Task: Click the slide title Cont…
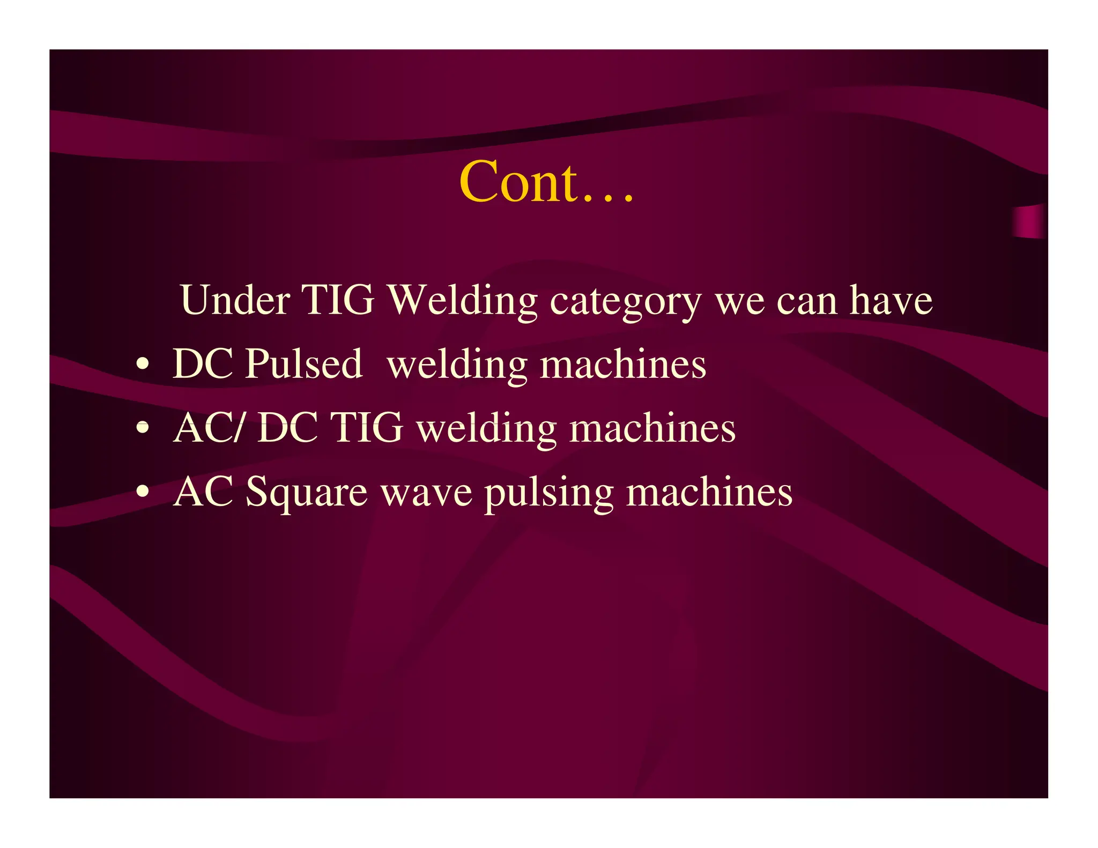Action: coord(547,182)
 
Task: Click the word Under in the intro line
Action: coord(235,300)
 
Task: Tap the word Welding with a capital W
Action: coord(462,300)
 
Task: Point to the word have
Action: coord(891,300)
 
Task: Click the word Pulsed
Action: coord(303,365)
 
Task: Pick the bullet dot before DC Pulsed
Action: coord(142,365)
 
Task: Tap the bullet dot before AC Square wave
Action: coord(142,492)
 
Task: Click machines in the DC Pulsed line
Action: coord(623,365)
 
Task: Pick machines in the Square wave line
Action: coord(709,492)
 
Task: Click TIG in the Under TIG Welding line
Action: coord(339,300)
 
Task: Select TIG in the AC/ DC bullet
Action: coord(367,428)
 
